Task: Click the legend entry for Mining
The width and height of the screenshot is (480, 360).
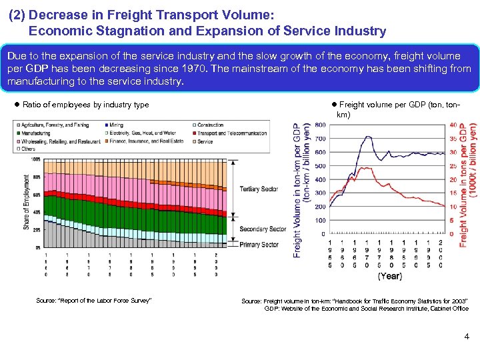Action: click(x=117, y=125)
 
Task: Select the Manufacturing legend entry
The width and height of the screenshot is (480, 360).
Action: click(x=39, y=133)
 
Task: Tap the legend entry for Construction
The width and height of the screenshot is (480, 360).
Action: click(x=211, y=125)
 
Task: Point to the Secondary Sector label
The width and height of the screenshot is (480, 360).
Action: click(x=262, y=229)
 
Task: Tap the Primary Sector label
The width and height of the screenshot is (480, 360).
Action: click(x=259, y=245)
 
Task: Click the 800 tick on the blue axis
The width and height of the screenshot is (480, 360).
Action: click(x=320, y=125)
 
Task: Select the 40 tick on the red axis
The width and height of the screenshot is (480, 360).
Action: click(x=453, y=125)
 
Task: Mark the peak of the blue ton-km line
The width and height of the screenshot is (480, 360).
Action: click(x=367, y=137)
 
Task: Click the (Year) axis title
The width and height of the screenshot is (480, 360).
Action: click(x=390, y=275)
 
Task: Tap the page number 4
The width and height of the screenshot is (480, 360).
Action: click(x=467, y=337)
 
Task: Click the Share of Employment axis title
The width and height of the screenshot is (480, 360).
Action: click(x=27, y=203)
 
